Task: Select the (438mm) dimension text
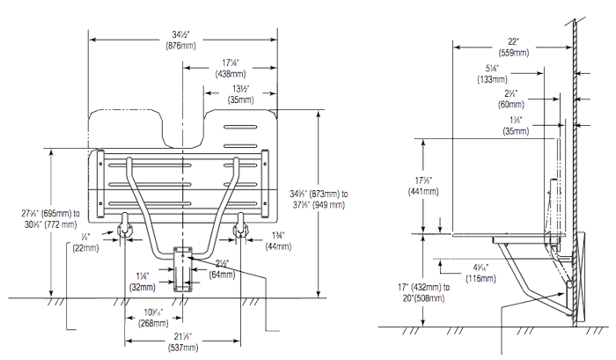pos(230,74)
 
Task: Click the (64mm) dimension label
pos(222,275)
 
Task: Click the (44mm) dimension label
pos(279,247)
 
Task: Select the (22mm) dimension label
pos(85,248)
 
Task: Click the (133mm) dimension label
pos(491,78)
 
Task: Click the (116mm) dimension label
pos(480,278)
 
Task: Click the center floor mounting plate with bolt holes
pos(183,268)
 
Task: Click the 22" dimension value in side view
pos(515,40)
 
